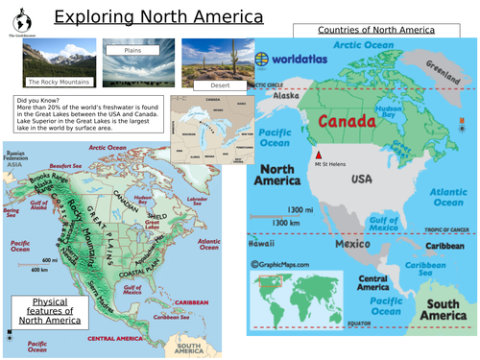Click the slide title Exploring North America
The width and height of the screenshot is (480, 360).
tap(157, 16)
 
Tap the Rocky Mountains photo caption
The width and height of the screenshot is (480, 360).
tap(52, 83)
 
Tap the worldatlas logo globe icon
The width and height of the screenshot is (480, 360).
tap(262, 57)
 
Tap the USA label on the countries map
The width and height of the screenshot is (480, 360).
tap(362, 179)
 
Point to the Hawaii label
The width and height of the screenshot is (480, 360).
tap(264, 243)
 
